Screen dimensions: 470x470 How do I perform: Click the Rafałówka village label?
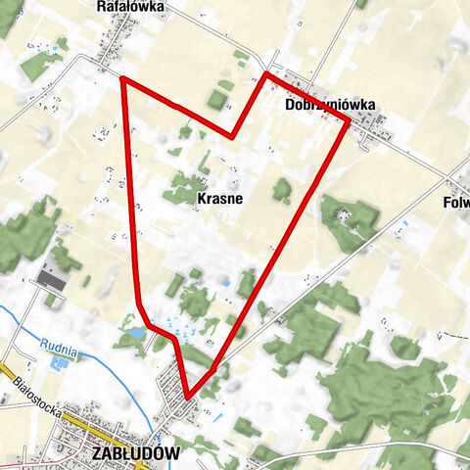pos(131,6)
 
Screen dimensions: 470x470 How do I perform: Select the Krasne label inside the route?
pos(219,197)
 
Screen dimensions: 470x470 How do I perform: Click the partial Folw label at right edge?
pos(455,205)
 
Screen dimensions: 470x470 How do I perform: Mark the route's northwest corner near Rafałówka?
pos(122,78)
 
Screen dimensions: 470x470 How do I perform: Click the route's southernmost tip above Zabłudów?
pos(187,397)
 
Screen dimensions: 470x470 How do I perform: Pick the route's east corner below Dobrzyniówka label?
pos(348,121)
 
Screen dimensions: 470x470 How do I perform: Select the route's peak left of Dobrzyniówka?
pos(265,74)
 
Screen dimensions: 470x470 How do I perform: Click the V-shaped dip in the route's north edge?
pos(232,136)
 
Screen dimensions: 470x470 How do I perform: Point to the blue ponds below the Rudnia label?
pos(59,363)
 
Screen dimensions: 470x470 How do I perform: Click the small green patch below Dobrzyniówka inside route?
pos(282,190)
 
